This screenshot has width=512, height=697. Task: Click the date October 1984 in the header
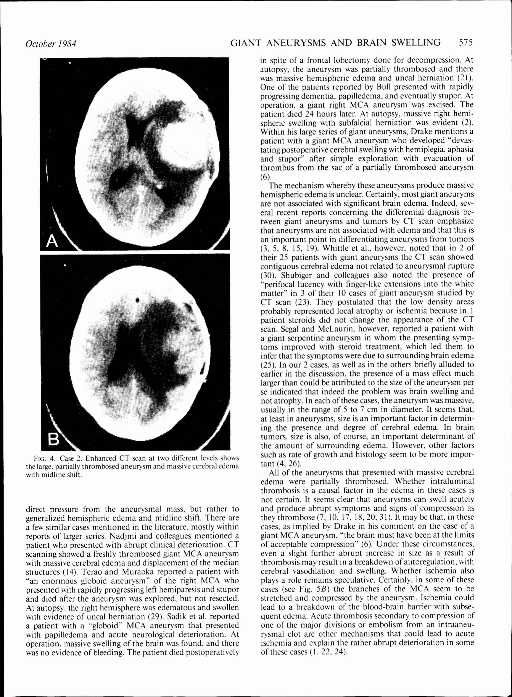(51, 43)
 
